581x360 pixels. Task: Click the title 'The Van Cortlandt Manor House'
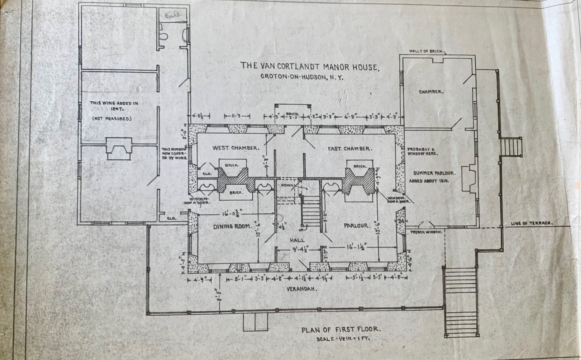310,66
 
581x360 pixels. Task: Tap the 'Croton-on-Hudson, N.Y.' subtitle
302,77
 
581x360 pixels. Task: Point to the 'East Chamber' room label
349,149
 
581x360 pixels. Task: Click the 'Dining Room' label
233,226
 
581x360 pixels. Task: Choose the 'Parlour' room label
357,226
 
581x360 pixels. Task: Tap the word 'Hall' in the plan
297,240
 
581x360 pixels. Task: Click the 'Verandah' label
302,289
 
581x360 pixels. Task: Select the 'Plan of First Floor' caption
340,329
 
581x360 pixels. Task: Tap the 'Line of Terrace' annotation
532,223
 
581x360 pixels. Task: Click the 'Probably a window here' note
423,151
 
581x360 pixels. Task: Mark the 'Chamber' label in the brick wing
431,92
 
